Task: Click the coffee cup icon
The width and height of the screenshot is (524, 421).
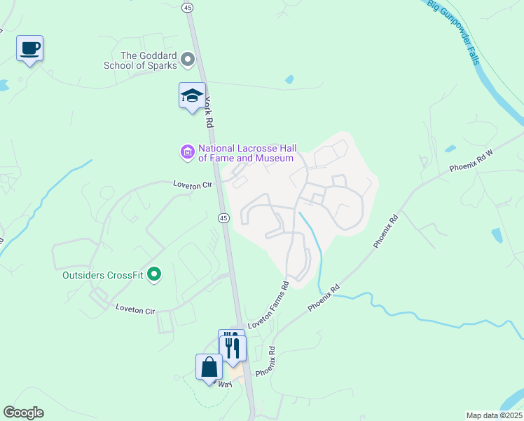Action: [x=29, y=48]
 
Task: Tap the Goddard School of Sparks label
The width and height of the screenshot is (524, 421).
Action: [x=149, y=60]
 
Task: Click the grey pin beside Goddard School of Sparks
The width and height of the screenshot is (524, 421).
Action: [x=188, y=60]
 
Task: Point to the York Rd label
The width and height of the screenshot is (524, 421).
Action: [x=209, y=112]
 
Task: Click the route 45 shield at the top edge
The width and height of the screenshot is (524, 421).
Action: [x=189, y=6]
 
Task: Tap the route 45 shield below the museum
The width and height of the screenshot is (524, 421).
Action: [x=223, y=218]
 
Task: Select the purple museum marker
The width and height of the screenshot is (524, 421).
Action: [x=187, y=152]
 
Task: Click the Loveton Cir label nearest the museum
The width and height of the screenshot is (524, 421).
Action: [x=193, y=184]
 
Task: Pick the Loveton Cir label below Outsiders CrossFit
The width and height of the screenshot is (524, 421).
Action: [x=134, y=309]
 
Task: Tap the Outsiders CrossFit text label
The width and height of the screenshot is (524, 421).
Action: [x=102, y=274]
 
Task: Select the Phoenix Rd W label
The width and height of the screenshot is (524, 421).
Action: [x=471, y=163]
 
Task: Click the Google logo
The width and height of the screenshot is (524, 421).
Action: [x=24, y=413]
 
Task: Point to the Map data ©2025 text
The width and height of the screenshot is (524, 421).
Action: [x=494, y=415]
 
